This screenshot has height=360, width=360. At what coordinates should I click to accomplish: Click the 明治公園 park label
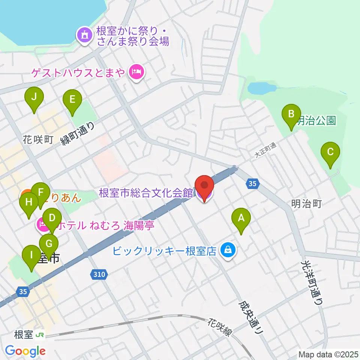coord(316,121)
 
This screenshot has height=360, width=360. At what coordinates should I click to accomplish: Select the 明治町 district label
coord(306,204)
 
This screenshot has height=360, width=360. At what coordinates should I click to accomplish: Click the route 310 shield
coord(98,275)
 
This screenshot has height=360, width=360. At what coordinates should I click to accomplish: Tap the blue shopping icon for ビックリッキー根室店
coord(227,250)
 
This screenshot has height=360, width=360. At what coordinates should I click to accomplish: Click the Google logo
coord(25,351)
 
